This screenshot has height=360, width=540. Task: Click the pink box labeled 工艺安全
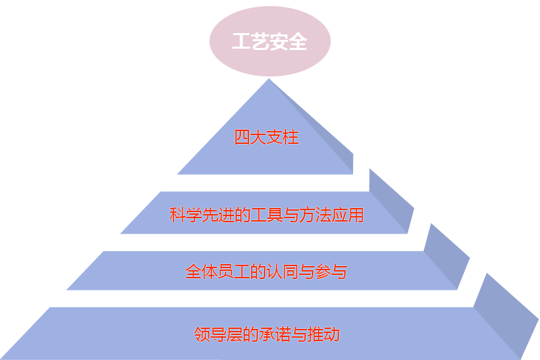(x=269, y=42)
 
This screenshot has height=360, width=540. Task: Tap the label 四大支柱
(x=267, y=138)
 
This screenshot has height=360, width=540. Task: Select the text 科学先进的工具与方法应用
(x=267, y=215)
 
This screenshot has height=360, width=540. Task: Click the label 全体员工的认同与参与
(x=266, y=272)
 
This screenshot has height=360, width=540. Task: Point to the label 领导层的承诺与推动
(x=266, y=334)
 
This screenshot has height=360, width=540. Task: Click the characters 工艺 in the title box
(x=250, y=42)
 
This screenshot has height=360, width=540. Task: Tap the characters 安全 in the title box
(x=288, y=42)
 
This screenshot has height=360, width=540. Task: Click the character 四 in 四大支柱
(x=242, y=138)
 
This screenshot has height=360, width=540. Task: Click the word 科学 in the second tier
(x=186, y=215)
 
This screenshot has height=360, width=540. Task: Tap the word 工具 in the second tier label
(x=267, y=215)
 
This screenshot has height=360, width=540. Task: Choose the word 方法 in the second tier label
(x=315, y=215)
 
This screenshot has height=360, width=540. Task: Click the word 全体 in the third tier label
(x=201, y=272)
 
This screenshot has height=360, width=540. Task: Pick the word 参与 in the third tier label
(x=331, y=272)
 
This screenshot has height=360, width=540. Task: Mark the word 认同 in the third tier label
(x=282, y=272)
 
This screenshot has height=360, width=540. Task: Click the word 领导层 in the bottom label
(x=217, y=334)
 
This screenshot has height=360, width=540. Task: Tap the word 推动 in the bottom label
(x=323, y=334)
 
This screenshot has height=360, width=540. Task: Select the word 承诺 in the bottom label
(x=274, y=334)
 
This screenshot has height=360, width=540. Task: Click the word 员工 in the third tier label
(x=234, y=272)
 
